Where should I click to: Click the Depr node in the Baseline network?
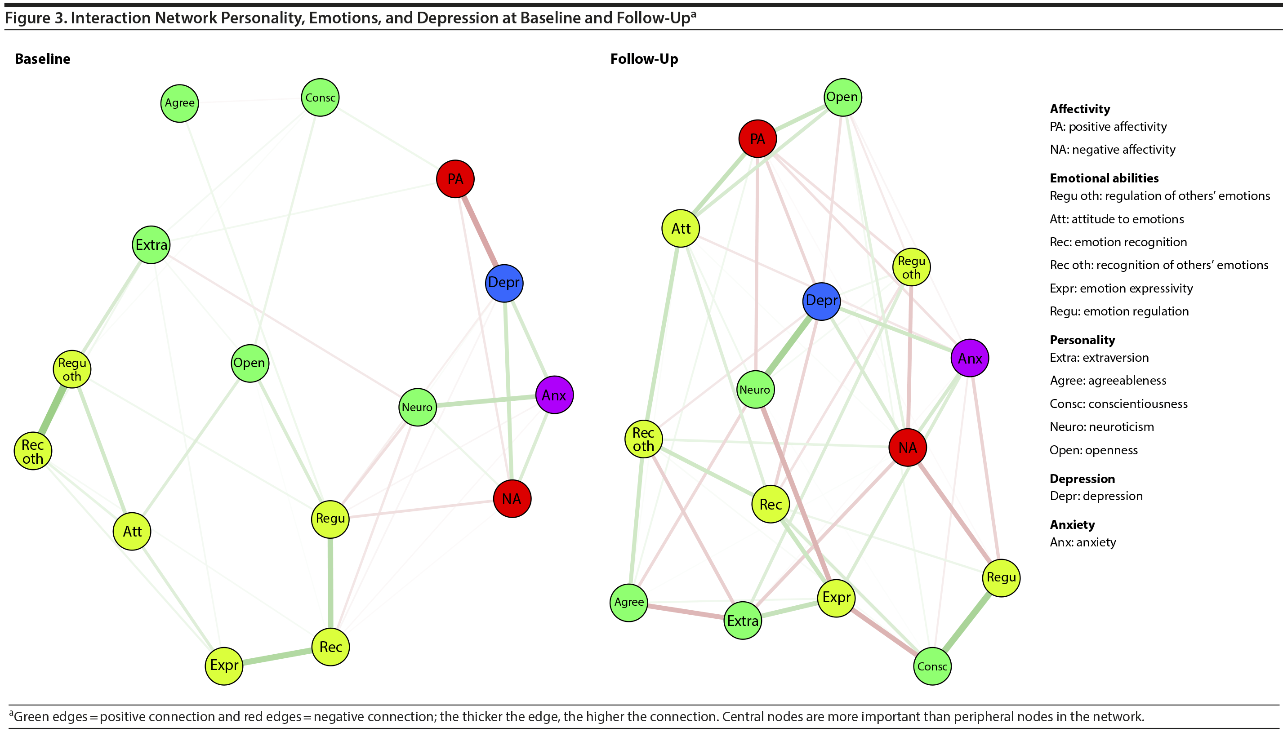pyautogui.click(x=504, y=283)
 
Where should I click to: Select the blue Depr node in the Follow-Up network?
pyautogui.click(x=821, y=301)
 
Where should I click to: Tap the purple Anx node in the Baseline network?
pyautogui.click(x=554, y=395)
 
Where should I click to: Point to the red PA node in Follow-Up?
pyautogui.click(x=757, y=139)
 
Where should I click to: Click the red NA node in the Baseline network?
pyautogui.click(x=512, y=499)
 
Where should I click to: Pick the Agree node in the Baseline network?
pyautogui.click(x=179, y=103)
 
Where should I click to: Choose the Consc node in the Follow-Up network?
pyautogui.click(x=932, y=666)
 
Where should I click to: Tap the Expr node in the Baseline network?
pyautogui.click(x=224, y=665)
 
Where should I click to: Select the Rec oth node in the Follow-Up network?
pyautogui.click(x=643, y=439)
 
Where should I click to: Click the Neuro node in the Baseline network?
pyautogui.click(x=418, y=407)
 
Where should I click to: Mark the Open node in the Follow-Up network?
pyautogui.click(x=842, y=97)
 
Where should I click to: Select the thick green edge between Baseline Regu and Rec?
pyautogui.click(x=330, y=583)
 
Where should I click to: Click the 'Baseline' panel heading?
pyautogui.click(x=43, y=59)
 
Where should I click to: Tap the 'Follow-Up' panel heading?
pyautogui.click(x=644, y=59)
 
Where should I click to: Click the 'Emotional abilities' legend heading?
pyautogui.click(x=1104, y=178)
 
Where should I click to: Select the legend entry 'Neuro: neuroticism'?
pyautogui.click(x=1101, y=427)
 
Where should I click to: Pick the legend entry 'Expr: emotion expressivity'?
pyautogui.click(x=1121, y=288)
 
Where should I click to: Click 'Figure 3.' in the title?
pyautogui.click(x=35, y=18)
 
